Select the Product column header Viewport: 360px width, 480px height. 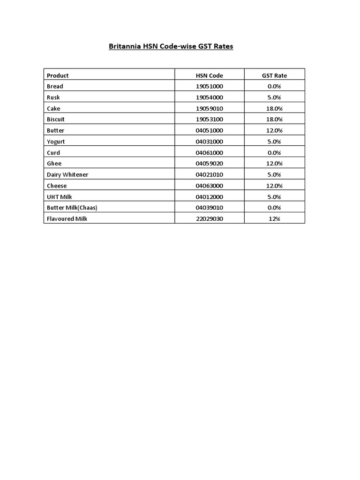pyautogui.click(x=58, y=75)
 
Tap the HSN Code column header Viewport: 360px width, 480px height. pyautogui.click(x=209, y=75)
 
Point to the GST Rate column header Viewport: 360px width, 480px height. pyautogui.click(x=274, y=75)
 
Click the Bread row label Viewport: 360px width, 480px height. pyautogui.click(x=55, y=86)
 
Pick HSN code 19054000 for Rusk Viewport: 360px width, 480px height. pyautogui.click(x=209, y=97)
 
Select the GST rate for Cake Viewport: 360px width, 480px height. pyautogui.click(x=274, y=108)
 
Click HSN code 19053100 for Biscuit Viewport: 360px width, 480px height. pyautogui.click(x=209, y=120)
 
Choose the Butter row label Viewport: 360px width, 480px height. pyautogui.click(x=56, y=130)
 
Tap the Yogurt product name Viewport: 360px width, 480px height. pyautogui.click(x=56, y=142)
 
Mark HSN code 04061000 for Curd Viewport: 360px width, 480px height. pyautogui.click(x=209, y=153)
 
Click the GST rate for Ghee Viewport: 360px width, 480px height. pyautogui.click(x=274, y=164)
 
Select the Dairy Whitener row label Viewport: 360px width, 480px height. pyautogui.click(x=67, y=175)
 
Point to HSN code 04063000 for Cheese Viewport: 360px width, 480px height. pyautogui.click(x=209, y=186)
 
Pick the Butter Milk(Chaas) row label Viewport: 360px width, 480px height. pyautogui.click(x=72, y=208)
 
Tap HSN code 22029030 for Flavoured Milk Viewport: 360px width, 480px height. pyautogui.click(x=209, y=219)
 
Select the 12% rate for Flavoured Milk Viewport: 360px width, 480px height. pyautogui.click(x=274, y=219)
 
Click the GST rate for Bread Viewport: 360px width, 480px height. pyautogui.click(x=274, y=86)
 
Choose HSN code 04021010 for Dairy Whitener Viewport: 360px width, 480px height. pyautogui.click(x=209, y=175)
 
